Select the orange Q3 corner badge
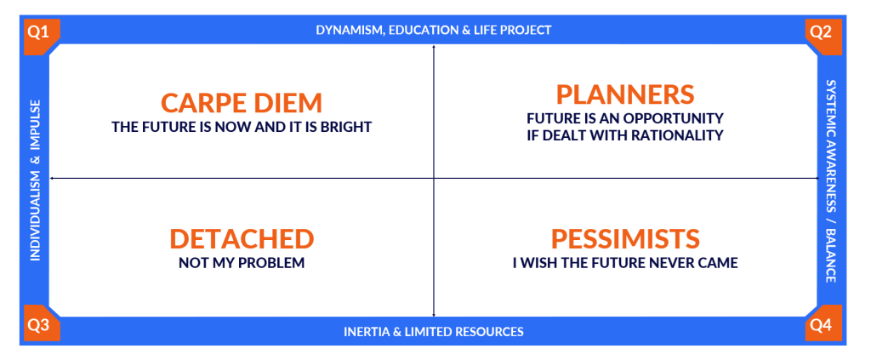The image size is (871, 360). point(40,324)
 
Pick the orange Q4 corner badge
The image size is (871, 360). point(823,324)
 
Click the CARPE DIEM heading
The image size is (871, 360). point(242,103)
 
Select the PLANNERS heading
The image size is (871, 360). point(625,94)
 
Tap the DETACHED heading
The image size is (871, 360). point(242,239)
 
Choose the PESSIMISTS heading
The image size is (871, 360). point(625,239)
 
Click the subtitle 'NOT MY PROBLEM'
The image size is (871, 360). point(242,263)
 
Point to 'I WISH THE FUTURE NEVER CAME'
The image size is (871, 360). point(625,263)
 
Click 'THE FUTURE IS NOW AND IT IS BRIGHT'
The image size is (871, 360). point(242,127)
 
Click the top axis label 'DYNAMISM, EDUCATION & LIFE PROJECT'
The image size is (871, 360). point(434,30)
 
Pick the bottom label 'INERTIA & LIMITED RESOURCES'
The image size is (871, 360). point(434,332)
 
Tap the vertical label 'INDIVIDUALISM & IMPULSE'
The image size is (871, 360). point(35,180)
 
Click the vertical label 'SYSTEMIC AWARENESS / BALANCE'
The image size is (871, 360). point(830,181)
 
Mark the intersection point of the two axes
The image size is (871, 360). point(433,179)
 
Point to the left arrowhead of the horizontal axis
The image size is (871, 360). point(51,179)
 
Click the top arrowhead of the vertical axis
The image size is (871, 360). point(433,48)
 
